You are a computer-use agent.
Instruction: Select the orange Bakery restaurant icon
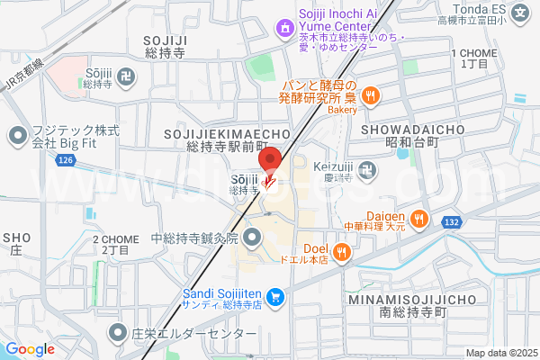[369, 94]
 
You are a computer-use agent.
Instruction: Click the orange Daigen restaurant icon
[418, 218]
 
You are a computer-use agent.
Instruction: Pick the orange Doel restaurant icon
[341, 253]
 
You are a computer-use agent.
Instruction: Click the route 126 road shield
[64, 160]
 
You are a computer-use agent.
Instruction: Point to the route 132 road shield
[452, 220]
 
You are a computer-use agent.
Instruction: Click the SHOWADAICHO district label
[413, 130]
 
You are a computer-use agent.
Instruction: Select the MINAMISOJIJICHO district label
[413, 298]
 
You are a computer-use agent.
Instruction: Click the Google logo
[30, 349]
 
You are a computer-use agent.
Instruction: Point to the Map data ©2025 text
[500, 353]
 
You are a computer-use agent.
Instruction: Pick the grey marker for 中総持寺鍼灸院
[251, 238]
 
